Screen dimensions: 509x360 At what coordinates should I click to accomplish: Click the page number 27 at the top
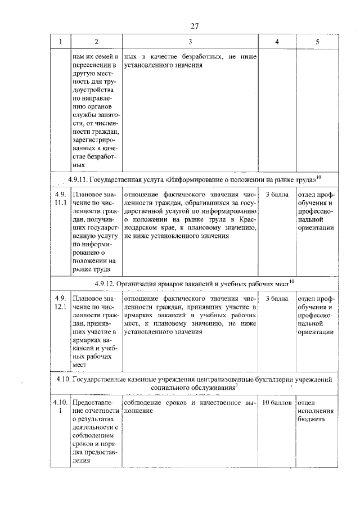[x=195, y=26]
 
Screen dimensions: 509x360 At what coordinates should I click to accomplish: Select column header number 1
[x=60, y=42]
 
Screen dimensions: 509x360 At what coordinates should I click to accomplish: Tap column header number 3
[x=190, y=42]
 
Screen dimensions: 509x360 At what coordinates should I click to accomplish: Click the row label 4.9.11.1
[x=60, y=199]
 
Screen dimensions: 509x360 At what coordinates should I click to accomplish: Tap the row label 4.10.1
[x=60, y=407]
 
